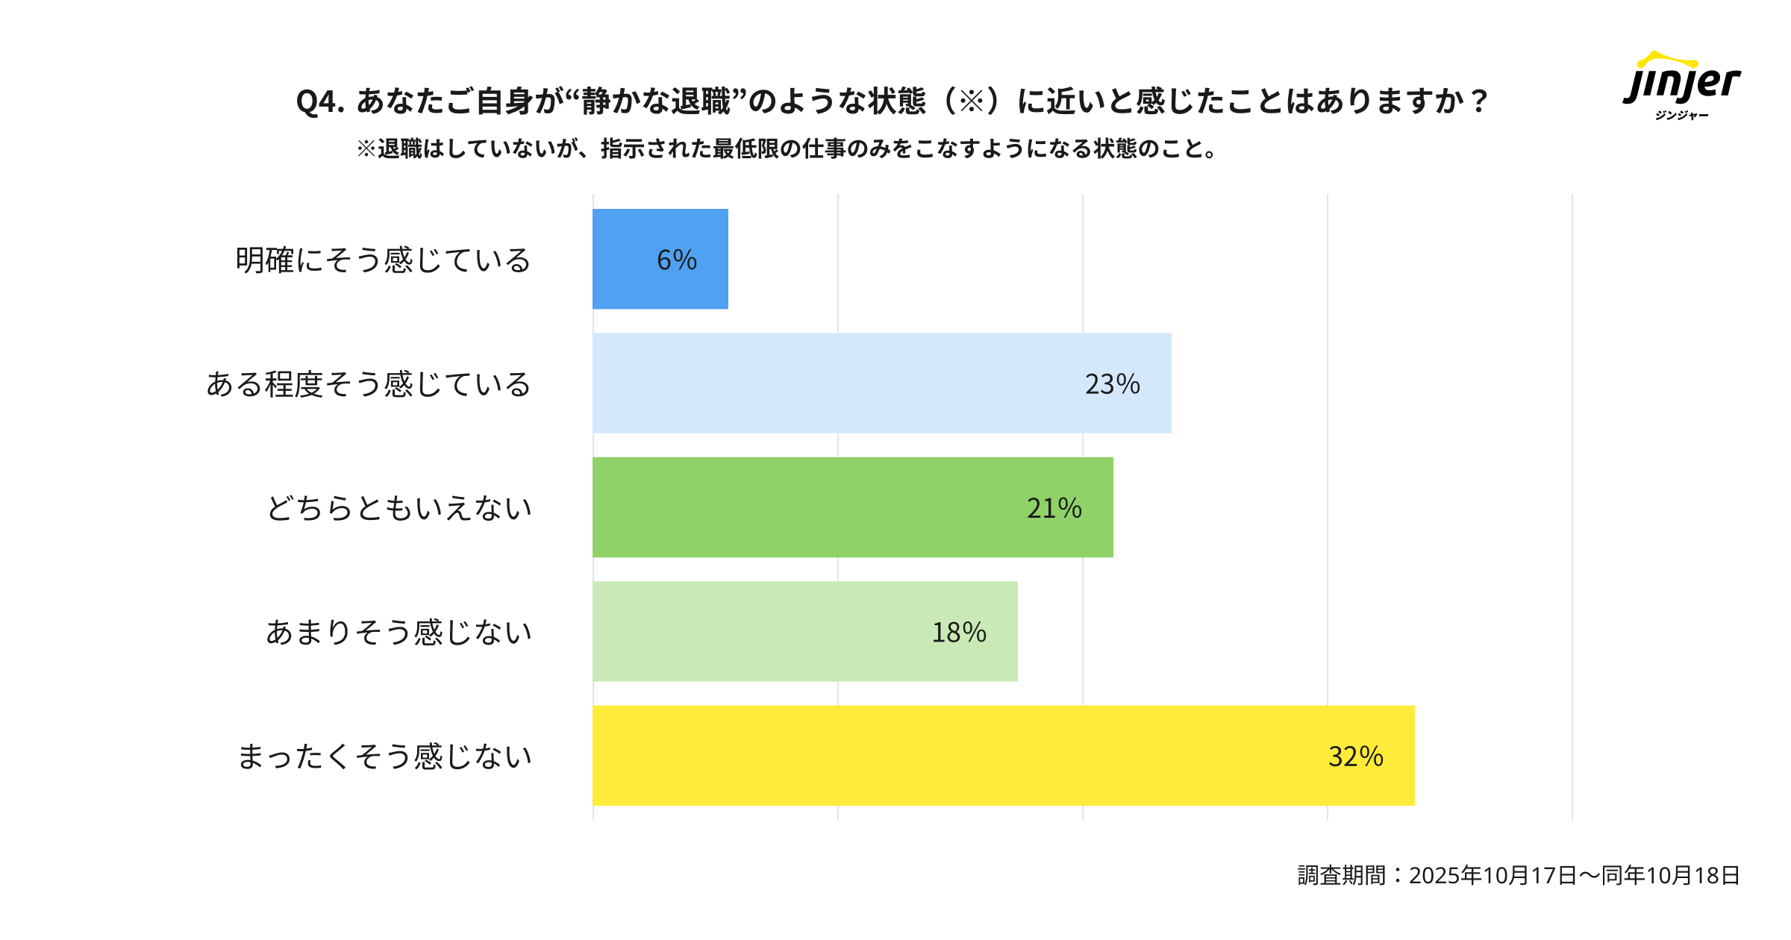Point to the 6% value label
click(x=676, y=260)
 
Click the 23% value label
click(x=1112, y=384)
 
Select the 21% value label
click(x=1054, y=508)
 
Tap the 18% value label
click(x=959, y=633)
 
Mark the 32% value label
click(x=1355, y=756)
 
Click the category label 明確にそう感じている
click(x=383, y=260)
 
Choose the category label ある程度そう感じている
click(x=369, y=384)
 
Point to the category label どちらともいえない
click(x=399, y=508)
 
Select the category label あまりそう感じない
click(x=399, y=633)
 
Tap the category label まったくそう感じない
click(x=384, y=756)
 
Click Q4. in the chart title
click(x=320, y=101)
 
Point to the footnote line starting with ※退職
click(x=787, y=149)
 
